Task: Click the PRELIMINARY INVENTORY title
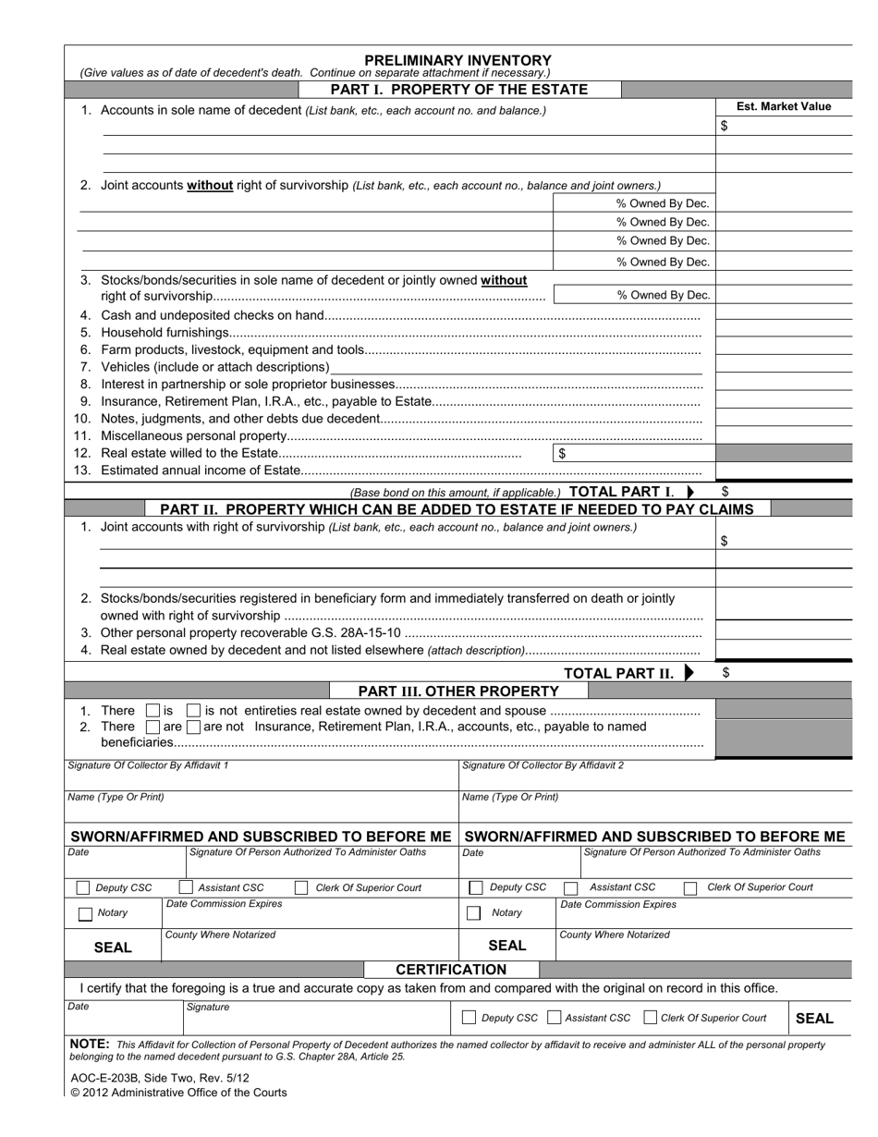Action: point(458,59)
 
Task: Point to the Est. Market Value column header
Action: point(783,106)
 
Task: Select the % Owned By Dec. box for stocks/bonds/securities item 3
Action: point(633,295)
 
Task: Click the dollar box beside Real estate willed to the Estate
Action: point(633,453)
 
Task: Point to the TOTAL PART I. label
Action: point(622,492)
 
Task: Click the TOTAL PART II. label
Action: point(619,673)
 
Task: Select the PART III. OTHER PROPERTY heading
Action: point(458,691)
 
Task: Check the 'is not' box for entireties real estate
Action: point(193,711)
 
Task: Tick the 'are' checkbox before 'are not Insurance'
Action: point(153,727)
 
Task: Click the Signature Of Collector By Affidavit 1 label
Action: point(148,765)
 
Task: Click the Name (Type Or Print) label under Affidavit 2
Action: point(509,797)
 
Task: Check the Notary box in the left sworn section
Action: point(85,913)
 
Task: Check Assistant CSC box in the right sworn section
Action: point(571,887)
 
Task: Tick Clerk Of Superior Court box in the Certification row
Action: point(650,1018)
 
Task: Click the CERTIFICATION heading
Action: point(451,970)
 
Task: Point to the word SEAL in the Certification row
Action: point(813,1018)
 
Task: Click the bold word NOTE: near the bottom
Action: point(90,1044)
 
